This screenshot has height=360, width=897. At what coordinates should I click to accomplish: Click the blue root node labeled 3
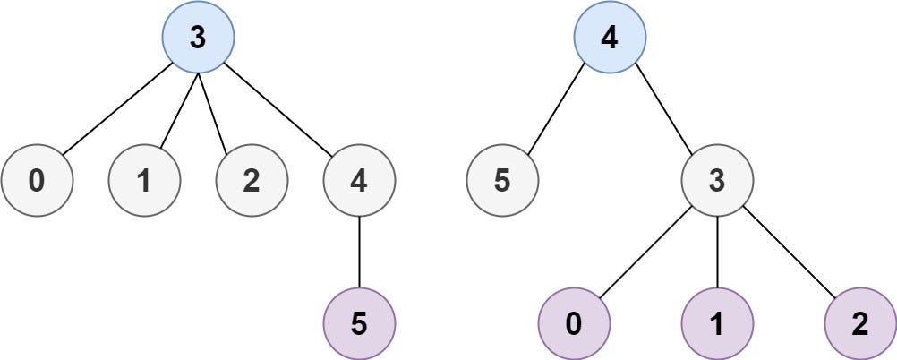[198, 37]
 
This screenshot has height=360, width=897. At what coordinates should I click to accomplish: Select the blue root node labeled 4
[610, 37]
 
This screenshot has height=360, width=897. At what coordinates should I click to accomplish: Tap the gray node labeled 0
[37, 180]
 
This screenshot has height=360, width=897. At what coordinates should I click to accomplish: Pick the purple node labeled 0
[574, 323]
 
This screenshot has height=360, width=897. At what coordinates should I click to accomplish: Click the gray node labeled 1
[144, 180]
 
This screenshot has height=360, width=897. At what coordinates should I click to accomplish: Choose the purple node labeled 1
[717, 323]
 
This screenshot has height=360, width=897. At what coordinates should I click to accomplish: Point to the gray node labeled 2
[252, 180]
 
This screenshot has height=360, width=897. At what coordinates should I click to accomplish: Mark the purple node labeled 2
[860, 323]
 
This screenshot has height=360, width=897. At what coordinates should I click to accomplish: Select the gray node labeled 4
[359, 180]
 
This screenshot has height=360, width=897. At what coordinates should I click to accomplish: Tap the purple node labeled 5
[359, 323]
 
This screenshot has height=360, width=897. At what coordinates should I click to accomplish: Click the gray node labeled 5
[502, 180]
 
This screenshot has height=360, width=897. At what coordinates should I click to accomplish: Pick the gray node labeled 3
[717, 180]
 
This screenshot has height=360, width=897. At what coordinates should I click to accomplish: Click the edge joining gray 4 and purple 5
[359, 252]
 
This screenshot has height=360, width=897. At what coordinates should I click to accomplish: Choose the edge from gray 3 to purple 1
[717, 252]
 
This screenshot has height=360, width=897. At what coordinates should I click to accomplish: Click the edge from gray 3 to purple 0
[645, 252]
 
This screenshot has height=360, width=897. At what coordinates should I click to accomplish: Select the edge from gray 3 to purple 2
[789, 252]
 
